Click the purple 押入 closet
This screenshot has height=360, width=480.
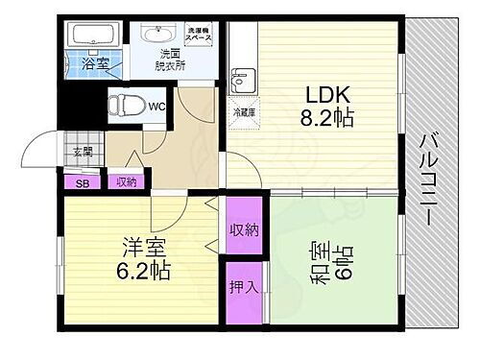[243, 287]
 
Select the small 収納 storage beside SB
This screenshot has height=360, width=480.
[125, 180]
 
